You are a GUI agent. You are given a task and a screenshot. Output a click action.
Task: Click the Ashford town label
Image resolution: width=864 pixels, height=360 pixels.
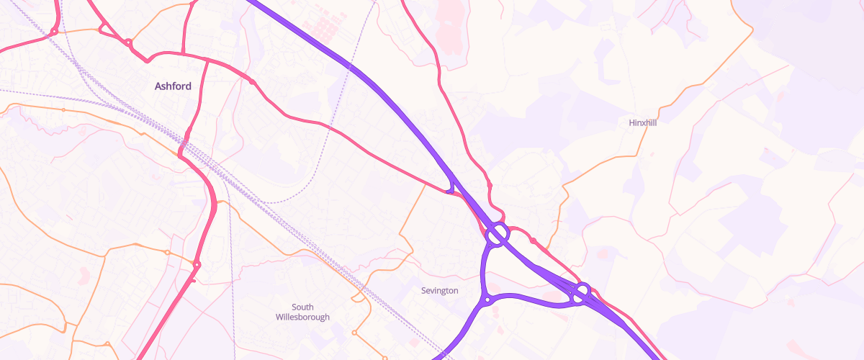click(x=173, y=86)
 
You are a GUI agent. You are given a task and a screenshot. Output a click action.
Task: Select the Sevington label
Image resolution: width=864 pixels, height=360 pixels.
click(x=439, y=290)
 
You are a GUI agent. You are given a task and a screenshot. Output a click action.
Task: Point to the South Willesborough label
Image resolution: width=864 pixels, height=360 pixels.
click(x=302, y=312)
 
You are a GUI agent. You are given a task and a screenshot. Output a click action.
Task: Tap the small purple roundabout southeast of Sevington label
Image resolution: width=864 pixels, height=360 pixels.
click(x=487, y=300)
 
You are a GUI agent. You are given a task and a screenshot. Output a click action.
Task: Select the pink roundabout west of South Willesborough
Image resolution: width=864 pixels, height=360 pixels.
click(x=197, y=266)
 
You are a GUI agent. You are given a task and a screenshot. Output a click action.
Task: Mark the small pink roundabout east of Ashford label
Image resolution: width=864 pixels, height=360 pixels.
click(x=251, y=82)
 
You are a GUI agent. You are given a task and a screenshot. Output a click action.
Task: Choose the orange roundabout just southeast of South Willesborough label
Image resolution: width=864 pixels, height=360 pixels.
click(x=354, y=333)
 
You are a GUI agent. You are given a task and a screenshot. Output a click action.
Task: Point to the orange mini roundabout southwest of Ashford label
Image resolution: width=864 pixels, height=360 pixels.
click(x=63, y=109)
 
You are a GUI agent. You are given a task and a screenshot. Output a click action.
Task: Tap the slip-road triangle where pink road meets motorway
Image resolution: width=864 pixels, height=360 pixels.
click(x=451, y=189)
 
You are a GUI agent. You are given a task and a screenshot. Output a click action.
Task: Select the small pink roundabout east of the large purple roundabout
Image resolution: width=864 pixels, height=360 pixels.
click(x=534, y=240)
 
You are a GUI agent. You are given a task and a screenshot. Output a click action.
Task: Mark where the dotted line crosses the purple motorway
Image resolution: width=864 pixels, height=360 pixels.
click(x=350, y=67)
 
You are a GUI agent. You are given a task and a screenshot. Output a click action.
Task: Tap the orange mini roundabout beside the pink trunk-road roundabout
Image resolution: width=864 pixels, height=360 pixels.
click(x=167, y=253)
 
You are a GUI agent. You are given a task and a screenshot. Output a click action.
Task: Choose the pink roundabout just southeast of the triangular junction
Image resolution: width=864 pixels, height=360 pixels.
click(x=128, y=43)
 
